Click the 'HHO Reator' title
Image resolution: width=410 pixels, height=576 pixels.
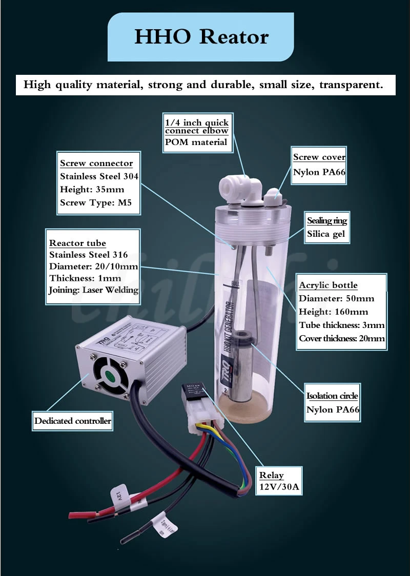tap(201, 37)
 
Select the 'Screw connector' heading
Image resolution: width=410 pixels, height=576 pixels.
tap(96, 163)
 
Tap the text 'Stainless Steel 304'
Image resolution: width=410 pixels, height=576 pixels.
tap(99, 176)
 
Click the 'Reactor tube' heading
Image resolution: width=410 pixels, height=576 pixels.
tap(77, 243)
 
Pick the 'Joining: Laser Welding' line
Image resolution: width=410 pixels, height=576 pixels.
tap(93, 290)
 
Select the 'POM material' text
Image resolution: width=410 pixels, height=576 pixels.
tap(196, 142)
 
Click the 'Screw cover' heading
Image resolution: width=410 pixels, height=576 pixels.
tap(319, 157)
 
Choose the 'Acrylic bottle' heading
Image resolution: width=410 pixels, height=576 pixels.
tap(328, 285)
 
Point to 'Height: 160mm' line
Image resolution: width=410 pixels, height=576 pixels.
tap(333, 312)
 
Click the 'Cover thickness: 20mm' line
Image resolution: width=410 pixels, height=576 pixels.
tap(342, 338)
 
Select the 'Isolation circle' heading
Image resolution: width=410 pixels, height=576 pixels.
tap(332, 396)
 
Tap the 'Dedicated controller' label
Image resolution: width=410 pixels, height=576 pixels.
tap(72, 421)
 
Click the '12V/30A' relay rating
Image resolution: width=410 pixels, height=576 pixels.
tap(279, 487)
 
